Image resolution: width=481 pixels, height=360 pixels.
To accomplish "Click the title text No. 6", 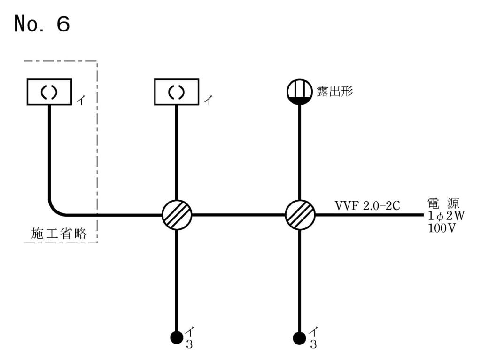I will pos(42,23).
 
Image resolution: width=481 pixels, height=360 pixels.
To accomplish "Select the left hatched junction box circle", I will pos(177,215).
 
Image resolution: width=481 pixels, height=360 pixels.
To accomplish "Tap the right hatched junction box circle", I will pos(300,215).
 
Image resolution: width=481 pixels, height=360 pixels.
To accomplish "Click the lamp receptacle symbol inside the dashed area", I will pos(48,92).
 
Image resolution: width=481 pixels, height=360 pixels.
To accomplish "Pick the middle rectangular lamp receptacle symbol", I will pos(177,92).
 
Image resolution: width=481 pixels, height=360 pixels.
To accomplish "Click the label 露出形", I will pos(334,92).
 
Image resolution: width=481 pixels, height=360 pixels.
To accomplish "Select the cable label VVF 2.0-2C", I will pos(367,205).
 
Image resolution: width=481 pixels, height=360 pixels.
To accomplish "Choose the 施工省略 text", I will pos(59,234).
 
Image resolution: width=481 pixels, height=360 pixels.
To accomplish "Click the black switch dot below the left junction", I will pos(177,337).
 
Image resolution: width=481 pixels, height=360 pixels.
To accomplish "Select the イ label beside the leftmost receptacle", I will pos(80,101).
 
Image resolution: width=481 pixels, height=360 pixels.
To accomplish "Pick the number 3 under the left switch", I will pos(189,344).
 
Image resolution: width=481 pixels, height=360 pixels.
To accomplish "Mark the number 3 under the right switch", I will pos(313,344).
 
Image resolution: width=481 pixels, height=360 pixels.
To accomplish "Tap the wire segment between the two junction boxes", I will pos(239,215).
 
